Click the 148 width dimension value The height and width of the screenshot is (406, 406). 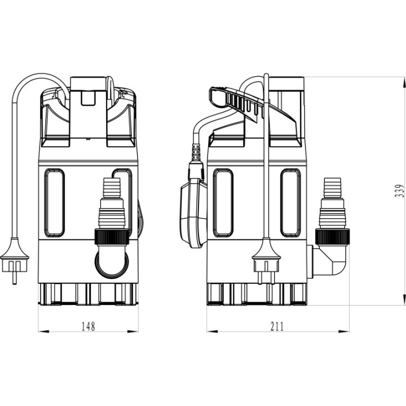[x=89, y=326]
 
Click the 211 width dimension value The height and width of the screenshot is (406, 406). [x=277, y=326]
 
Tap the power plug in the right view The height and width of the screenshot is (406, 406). [x=266, y=260]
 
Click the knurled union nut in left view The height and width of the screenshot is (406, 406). [x=112, y=237]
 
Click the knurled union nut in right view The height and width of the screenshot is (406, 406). [x=333, y=237]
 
